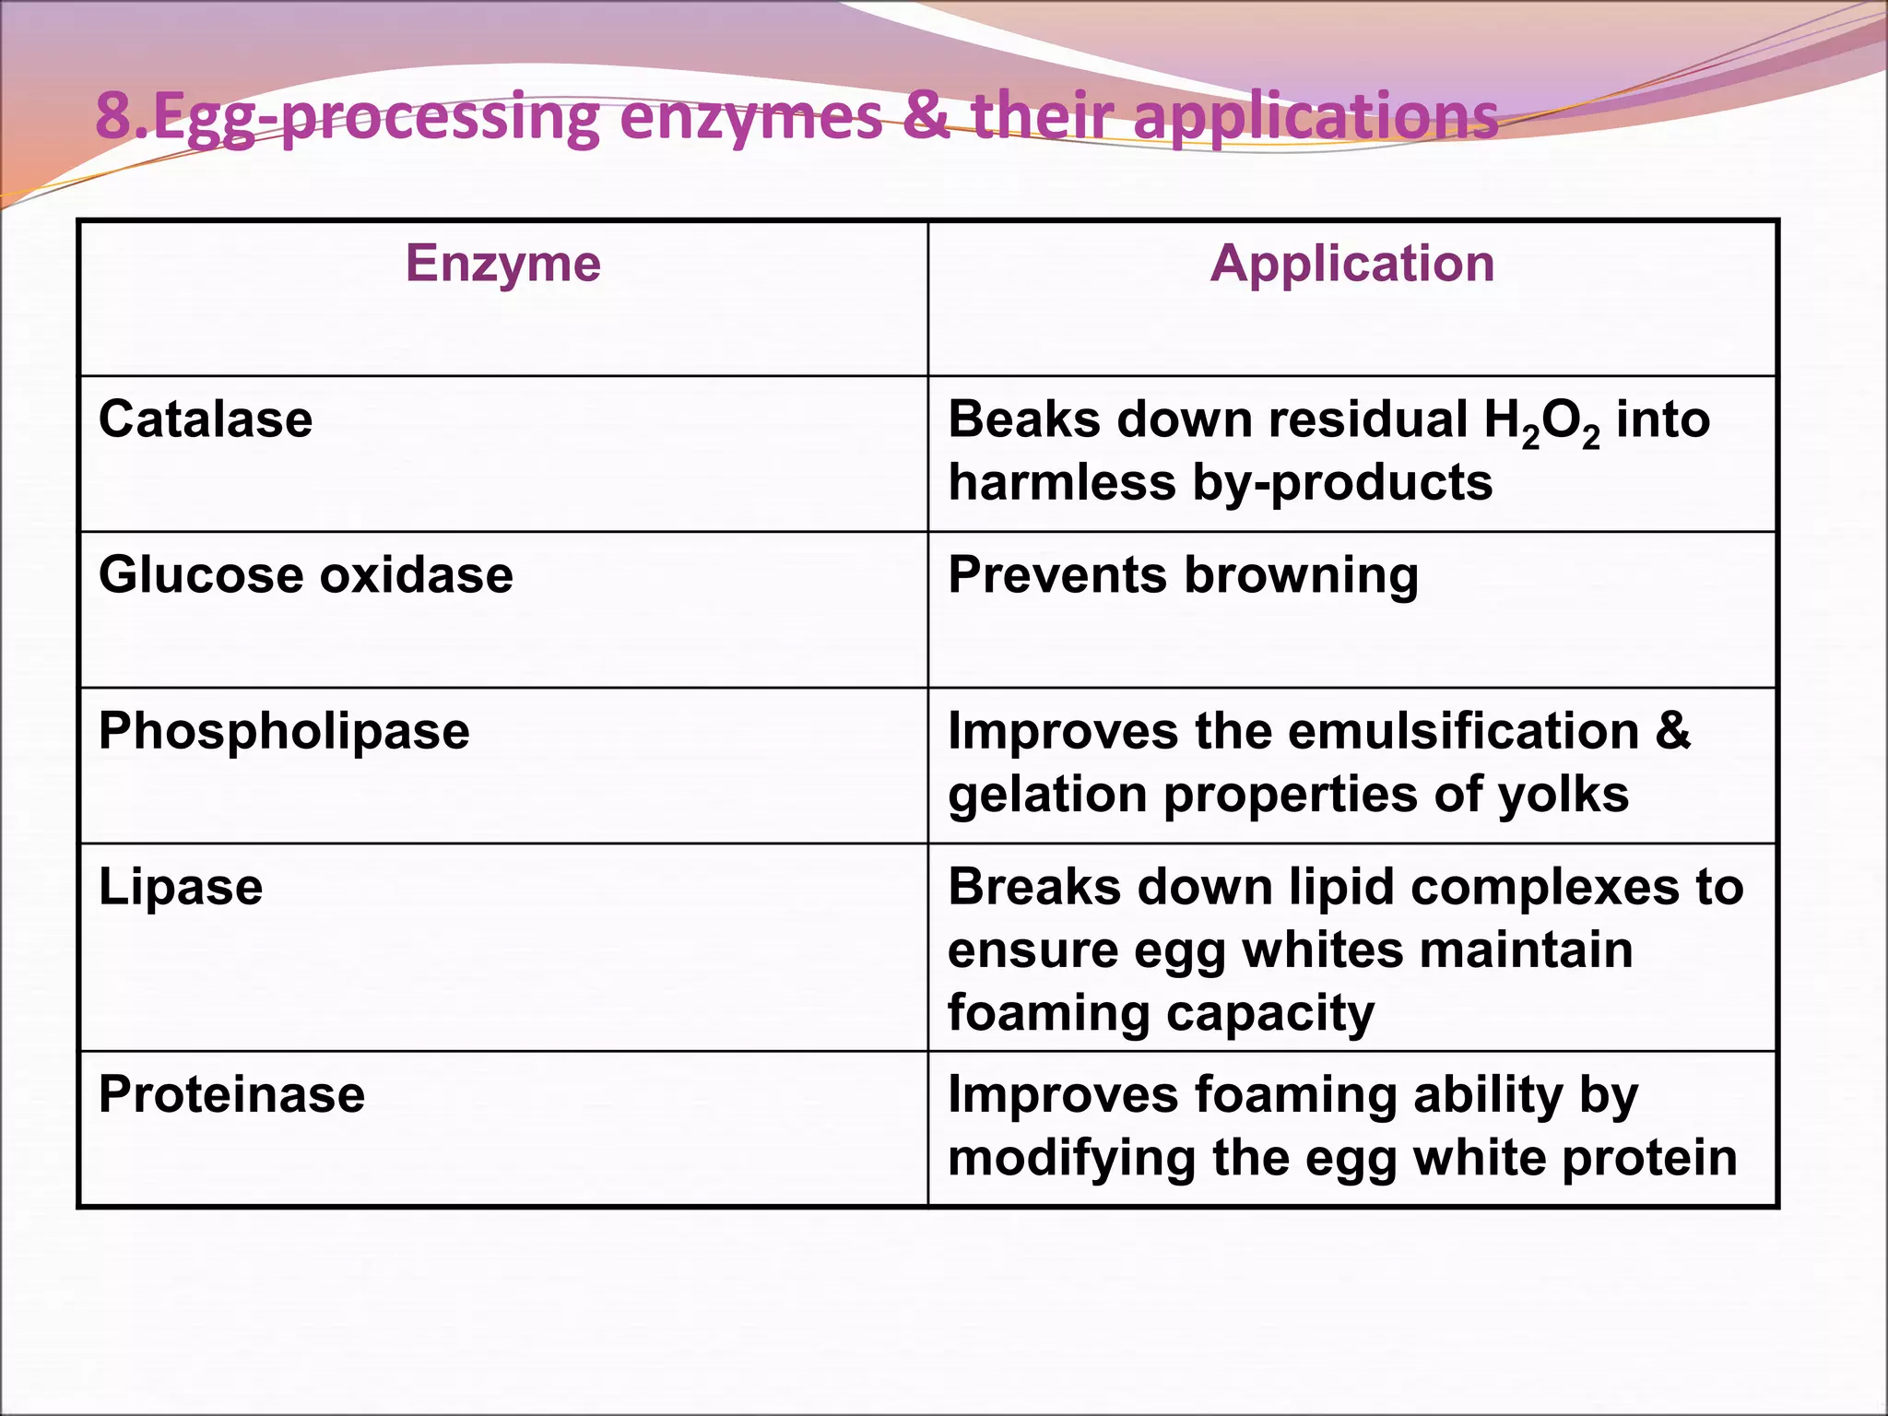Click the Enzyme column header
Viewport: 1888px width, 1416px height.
(503, 264)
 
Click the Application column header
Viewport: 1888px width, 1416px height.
(1351, 264)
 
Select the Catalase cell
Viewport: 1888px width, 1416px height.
(206, 419)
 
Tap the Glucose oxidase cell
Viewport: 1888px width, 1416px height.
(305, 575)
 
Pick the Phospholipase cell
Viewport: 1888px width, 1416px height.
(284, 731)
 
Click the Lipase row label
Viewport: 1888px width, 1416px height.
(181, 887)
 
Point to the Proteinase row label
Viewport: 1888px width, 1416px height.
(231, 1094)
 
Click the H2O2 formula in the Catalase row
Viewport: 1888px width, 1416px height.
(1541, 422)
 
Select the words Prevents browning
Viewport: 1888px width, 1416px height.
(1183, 575)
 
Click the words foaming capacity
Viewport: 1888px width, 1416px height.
(1161, 1014)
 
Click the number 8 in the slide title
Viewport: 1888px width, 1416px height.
(113, 117)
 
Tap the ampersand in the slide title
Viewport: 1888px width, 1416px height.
(926, 117)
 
